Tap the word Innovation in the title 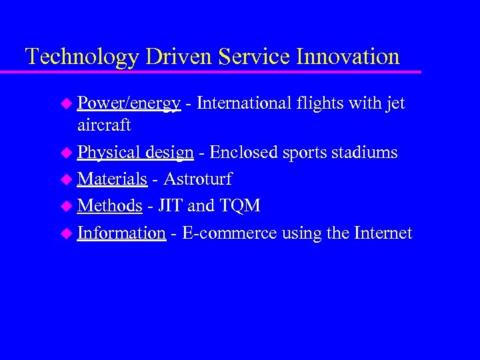(347, 56)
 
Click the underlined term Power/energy (129, 104)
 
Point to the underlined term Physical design (135, 153)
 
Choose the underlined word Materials (112, 179)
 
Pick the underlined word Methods (110, 206)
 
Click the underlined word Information (121, 233)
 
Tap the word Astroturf (197, 179)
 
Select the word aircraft (104, 125)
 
